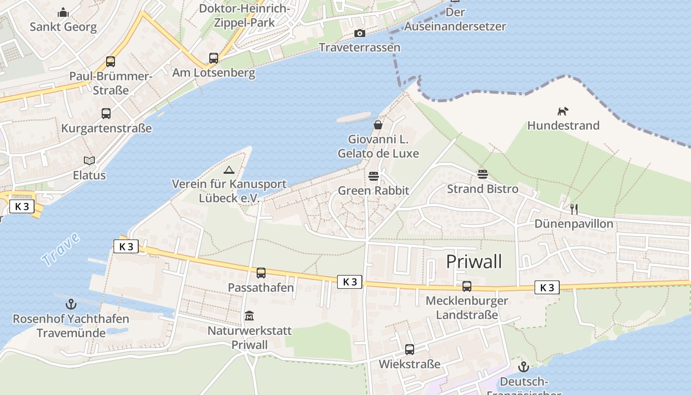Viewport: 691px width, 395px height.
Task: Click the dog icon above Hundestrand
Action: [563, 111]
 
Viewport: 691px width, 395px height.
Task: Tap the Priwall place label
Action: [474, 262]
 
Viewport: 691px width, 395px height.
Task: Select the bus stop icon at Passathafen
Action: [261, 273]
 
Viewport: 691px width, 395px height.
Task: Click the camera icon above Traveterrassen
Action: [360, 33]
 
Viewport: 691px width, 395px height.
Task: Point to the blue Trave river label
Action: [60, 249]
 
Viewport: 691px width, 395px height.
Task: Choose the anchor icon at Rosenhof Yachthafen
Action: [71, 304]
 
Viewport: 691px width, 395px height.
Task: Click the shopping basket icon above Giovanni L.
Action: [378, 125]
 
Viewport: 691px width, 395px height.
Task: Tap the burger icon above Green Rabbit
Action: [374, 176]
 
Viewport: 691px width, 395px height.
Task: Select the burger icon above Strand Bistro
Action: [482, 174]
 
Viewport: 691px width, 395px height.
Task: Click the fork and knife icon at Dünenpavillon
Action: [574, 209]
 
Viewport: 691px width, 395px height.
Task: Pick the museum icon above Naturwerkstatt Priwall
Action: [249, 316]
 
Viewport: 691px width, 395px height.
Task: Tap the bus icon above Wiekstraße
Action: [409, 350]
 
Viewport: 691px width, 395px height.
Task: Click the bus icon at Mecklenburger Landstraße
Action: [466, 286]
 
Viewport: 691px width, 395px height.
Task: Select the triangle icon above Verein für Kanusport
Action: [229, 170]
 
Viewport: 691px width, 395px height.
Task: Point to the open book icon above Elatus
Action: [89, 160]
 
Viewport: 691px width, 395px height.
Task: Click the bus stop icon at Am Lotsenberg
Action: [213, 58]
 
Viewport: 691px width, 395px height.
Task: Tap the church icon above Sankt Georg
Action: [63, 12]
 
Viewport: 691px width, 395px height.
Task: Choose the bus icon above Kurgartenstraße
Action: [106, 114]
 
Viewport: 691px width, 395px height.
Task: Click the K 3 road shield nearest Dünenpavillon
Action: [547, 287]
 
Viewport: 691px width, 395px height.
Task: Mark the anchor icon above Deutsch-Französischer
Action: [523, 367]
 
